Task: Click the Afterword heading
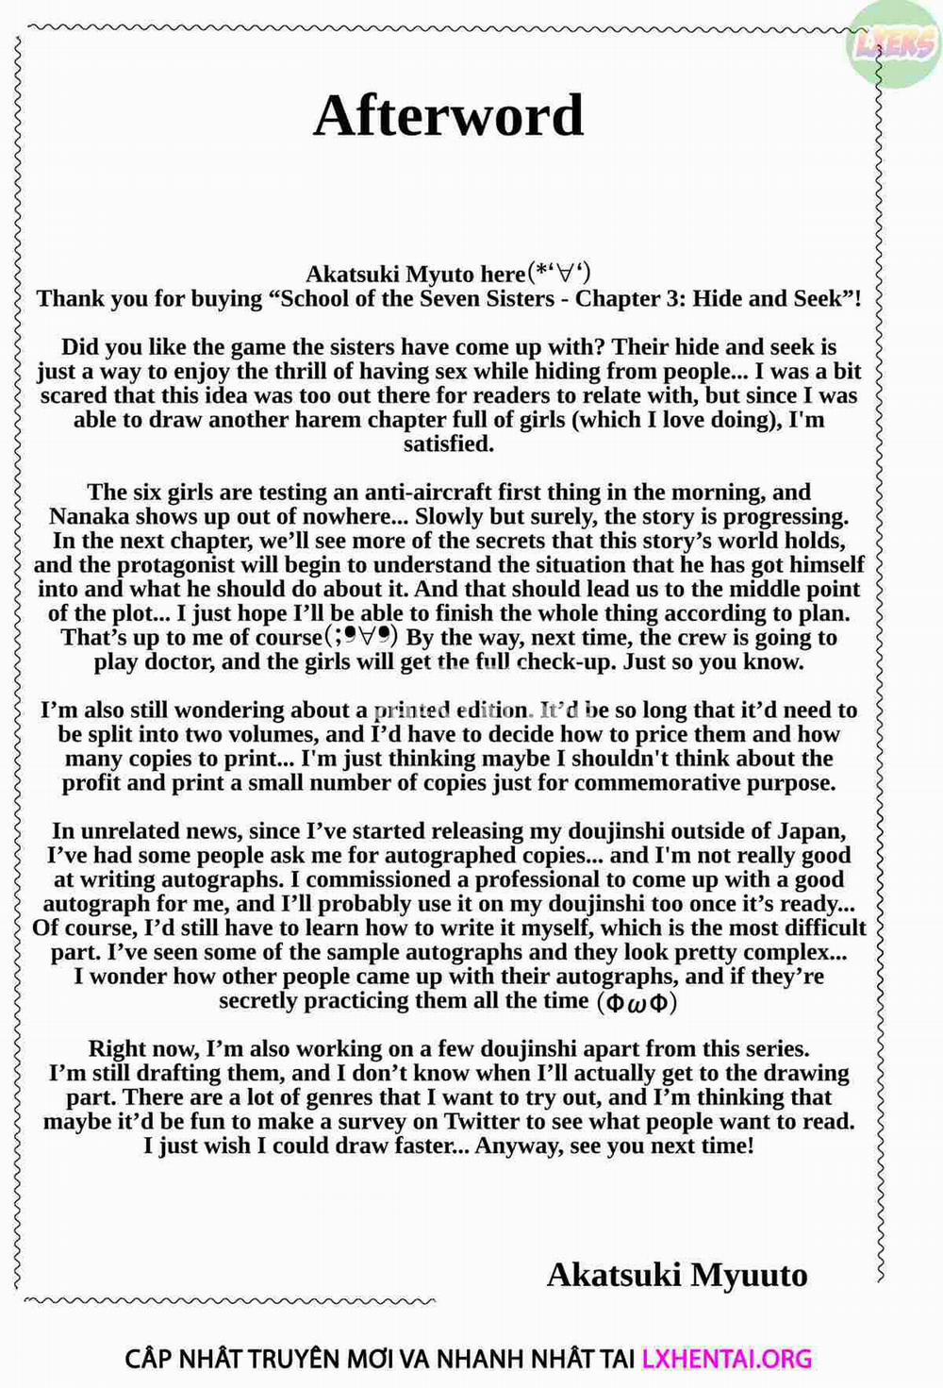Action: (x=448, y=116)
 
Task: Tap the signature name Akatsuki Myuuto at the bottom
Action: (x=677, y=1275)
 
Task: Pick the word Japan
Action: (x=810, y=831)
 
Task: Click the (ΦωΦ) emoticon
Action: (x=637, y=1002)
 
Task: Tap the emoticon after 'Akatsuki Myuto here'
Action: (x=558, y=274)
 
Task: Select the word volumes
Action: (x=273, y=734)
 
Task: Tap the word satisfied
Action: (x=448, y=443)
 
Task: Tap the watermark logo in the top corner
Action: (x=893, y=42)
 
